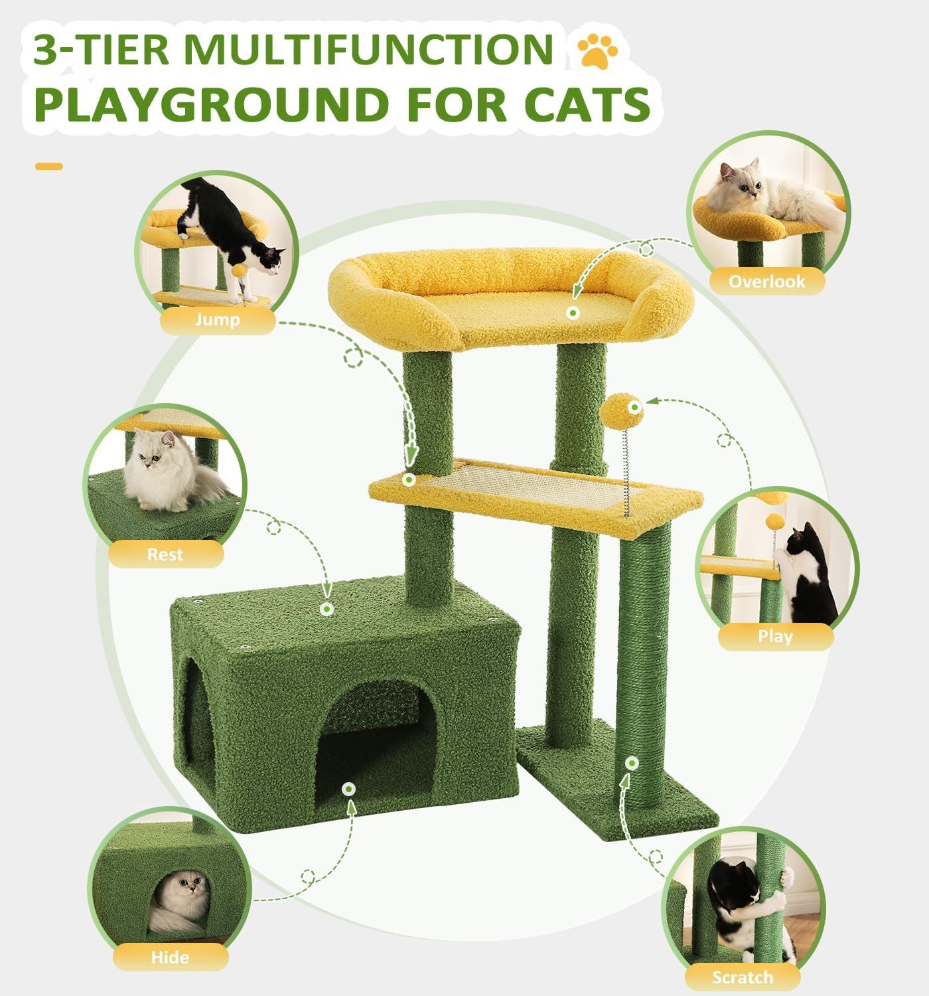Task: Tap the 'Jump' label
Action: pyautogui.click(x=217, y=321)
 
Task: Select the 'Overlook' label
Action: pyautogui.click(x=766, y=281)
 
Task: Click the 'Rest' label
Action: pyautogui.click(x=165, y=554)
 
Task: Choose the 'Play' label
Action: pyautogui.click(x=775, y=636)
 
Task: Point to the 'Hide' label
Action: pyautogui.click(x=170, y=957)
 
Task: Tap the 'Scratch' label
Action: pyautogui.click(x=742, y=977)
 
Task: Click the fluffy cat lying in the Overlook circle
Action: pyautogui.click(x=763, y=193)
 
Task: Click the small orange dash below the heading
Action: pyautogui.click(x=48, y=166)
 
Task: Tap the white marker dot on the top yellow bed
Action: pyautogui.click(x=571, y=311)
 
